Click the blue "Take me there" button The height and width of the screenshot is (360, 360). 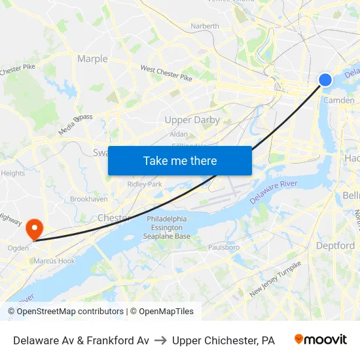pos(180,160)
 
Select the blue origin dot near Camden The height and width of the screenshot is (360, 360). pos(325,80)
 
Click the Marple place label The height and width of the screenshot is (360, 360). pos(92,59)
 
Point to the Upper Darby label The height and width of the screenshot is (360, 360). pos(192,120)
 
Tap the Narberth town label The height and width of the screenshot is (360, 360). pos(205,26)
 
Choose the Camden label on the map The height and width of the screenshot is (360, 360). pos(339,100)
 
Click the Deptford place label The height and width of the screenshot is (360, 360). pos(335,245)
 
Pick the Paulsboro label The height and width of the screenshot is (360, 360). pos(224,247)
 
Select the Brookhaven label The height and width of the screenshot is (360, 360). pos(89,198)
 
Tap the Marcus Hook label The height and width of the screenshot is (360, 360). pos(54,261)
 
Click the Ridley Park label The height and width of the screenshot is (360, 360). pos(144,185)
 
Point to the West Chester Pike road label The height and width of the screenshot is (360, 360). pos(166,73)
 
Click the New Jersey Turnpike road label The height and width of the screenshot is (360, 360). pos(275,279)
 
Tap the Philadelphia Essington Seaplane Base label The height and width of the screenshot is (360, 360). pos(167,228)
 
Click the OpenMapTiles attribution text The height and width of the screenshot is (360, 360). pos(166,312)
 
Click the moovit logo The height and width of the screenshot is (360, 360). pos(321,340)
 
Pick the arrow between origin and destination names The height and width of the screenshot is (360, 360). pos(160,340)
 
